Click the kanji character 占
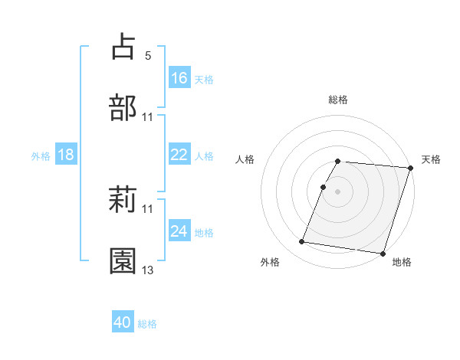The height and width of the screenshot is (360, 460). pos(123,47)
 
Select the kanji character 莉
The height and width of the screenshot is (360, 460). pos(123,200)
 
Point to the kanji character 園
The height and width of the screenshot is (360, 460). pos(123,261)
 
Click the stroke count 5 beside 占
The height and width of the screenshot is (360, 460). pos(148,56)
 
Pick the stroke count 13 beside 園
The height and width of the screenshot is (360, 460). pos(148,270)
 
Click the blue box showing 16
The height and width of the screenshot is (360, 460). pos(179,78)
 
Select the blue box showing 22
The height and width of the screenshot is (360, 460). pos(179,155)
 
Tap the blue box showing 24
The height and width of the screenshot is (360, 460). pos(179,231)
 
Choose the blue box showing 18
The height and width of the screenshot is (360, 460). pos(66,155)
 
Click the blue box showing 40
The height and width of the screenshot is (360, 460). pos(123,323)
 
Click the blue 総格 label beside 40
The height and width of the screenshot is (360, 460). pos(147,324)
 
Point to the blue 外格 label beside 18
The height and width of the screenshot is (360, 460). pos(41,155)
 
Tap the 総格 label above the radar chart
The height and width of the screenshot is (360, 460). pos(338,100)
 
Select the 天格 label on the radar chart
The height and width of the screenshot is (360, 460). pos(432,159)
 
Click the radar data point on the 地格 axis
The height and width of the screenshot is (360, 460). pos(382,253)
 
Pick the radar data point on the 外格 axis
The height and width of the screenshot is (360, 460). pos(301,242)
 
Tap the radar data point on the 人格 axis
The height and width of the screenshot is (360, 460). pos(324,186)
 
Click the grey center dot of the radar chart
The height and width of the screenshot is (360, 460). pos(338,191)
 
